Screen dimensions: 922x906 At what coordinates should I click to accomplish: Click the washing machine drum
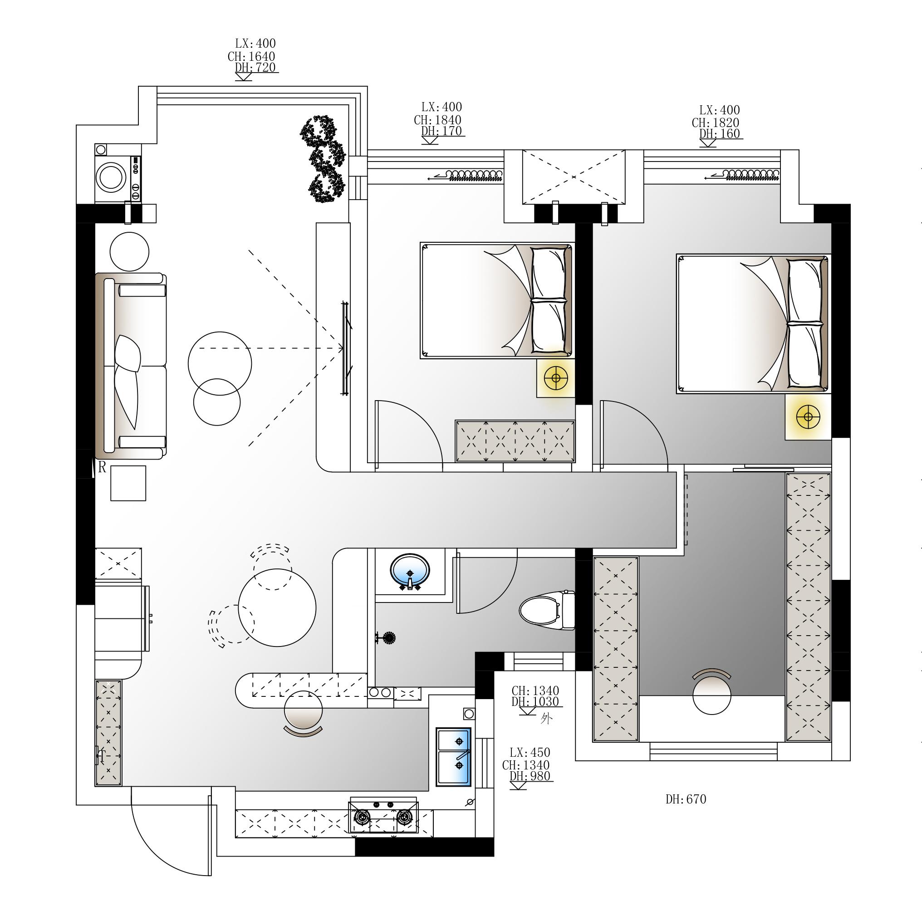click(111, 177)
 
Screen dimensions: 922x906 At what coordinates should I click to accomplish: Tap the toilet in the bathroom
click(547, 610)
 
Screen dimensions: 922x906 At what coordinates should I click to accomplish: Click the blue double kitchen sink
click(454, 757)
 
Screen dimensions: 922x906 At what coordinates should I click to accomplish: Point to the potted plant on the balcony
click(323, 159)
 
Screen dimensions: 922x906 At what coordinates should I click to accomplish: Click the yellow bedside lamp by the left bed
click(555, 378)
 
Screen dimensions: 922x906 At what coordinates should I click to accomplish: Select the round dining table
click(277, 607)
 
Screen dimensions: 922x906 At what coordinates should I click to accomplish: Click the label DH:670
click(686, 799)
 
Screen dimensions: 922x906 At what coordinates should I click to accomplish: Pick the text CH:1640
click(251, 56)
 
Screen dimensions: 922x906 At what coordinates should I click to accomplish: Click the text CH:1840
click(437, 120)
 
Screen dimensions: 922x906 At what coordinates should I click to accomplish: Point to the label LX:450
click(530, 752)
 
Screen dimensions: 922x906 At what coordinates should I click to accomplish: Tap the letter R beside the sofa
click(102, 468)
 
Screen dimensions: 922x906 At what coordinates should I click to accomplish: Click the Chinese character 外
click(546, 719)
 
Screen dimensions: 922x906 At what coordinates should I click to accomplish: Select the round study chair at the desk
click(711, 695)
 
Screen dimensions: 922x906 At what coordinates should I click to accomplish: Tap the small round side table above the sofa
click(129, 252)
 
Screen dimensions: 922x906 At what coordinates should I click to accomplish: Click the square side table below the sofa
click(128, 483)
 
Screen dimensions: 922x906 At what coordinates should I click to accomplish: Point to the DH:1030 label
click(535, 701)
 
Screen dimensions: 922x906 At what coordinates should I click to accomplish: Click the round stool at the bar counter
click(303, 710)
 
